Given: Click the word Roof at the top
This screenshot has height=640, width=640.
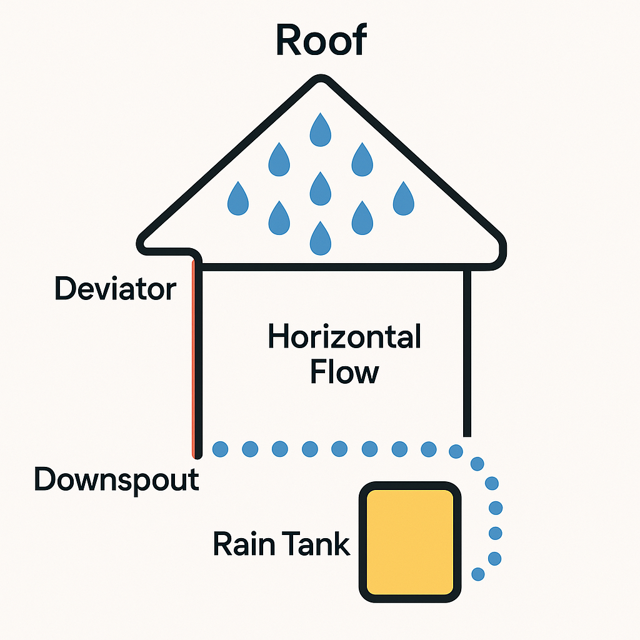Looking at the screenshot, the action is (321, 39).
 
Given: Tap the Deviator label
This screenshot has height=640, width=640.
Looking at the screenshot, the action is (116, 289).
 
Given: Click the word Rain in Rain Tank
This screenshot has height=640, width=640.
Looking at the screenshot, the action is (244, 544).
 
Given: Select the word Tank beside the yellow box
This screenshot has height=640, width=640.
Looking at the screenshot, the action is (316, 544).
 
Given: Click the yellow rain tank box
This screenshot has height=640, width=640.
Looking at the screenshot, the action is (410, 542).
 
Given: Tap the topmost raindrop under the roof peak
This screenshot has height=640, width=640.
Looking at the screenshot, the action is (321, 130).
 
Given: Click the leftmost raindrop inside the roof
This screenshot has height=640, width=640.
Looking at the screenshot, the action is (238, 199).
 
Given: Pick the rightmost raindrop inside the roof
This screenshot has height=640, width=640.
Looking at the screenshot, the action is (404, 199).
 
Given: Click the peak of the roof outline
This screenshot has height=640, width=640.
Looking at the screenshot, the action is (321, 77).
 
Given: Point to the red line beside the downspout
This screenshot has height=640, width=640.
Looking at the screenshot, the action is (193, 358).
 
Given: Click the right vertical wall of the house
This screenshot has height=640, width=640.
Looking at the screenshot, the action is (467, 354).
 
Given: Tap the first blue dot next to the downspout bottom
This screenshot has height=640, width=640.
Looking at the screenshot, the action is (221, 449).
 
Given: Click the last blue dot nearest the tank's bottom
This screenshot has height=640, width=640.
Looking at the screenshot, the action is (478, 574).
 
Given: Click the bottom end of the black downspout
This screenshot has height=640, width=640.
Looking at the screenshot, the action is (198, 456).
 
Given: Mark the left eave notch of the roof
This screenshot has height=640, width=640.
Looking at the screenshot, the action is (194, 255).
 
